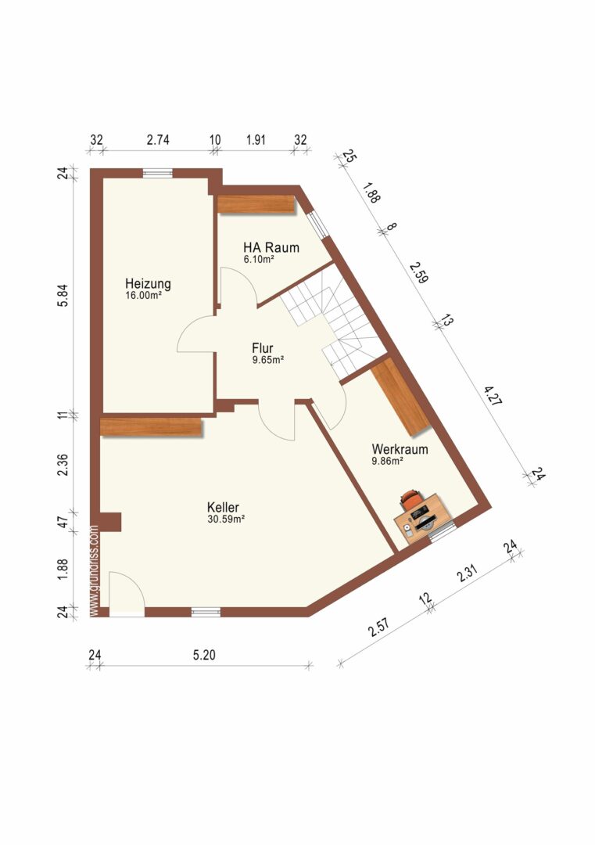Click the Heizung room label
(148, 283)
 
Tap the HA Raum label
(271, 248)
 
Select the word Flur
(263, 348)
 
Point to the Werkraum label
(400, 449)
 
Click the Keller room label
(223, 508)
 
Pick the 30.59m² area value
(226, 520)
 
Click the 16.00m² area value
(144, 295)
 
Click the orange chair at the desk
(410, 499)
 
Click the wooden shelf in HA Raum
(257, 205)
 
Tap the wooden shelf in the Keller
(152, 427)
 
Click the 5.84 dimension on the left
(63, 295)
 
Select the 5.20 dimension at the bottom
(204, 655)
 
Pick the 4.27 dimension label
(492, 395)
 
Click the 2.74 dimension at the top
(158, 140)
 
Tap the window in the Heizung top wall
(158, 173)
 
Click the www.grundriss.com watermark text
(95, 570)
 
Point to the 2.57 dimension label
(378, 627)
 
